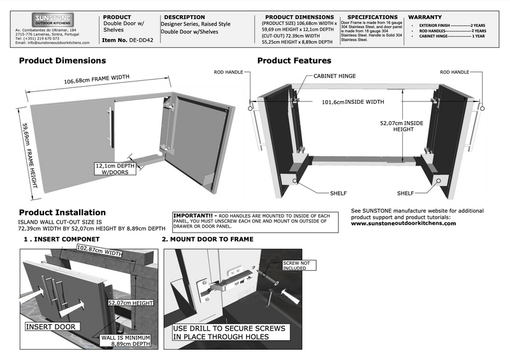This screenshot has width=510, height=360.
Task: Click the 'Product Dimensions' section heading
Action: (62, 61)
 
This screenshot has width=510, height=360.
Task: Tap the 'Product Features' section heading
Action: (294, 61)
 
